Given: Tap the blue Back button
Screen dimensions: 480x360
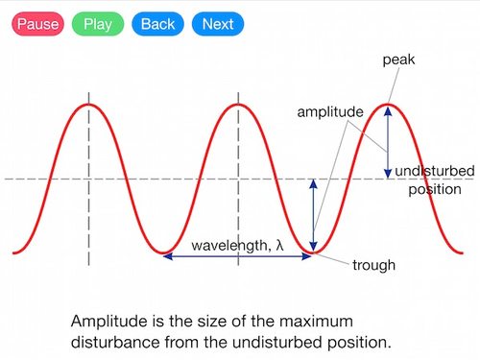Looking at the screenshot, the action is click(x=157, y=24).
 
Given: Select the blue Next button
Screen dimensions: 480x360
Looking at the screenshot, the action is click(x=217, y=24).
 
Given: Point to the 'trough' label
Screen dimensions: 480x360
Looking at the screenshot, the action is click(x=374, y=264).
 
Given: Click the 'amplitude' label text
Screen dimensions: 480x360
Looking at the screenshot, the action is click(x=329, y=112).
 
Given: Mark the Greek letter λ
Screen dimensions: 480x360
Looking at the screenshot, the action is click(x=279, y=245).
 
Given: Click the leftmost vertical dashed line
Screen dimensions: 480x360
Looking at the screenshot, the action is click(x=88, y=182).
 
